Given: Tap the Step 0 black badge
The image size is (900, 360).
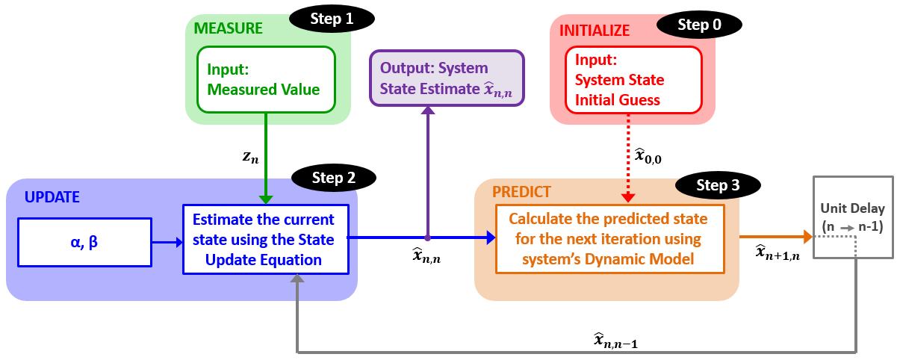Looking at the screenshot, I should [x=699, y=25].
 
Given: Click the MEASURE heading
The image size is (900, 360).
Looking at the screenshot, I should [x=229, y=29].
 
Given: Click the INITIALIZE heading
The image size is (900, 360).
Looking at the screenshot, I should [x=595, y=31].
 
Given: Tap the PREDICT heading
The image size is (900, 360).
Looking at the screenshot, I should [x=522, y=191].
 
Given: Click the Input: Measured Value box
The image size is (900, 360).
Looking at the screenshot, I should [x=265, y=79].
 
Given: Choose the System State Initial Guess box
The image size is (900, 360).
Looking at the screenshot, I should [x=633, y=79].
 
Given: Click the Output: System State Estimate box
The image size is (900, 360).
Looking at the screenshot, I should [x=447, y=78].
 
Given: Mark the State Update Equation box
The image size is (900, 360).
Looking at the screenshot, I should [x=265, y=240].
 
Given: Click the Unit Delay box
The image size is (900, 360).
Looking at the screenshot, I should [x=853, y=217].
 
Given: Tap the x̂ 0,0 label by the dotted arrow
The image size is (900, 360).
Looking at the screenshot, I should [x=648, y=155].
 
